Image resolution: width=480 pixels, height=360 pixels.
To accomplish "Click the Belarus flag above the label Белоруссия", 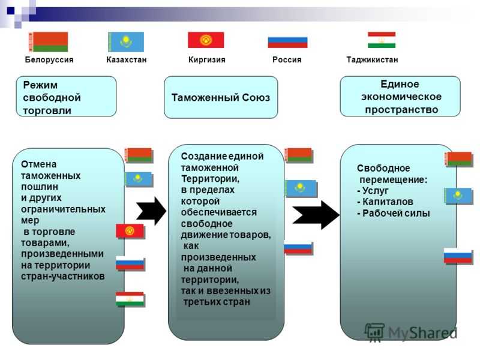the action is [49, 42].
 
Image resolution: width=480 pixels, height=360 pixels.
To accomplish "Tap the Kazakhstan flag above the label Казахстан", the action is [126, 42].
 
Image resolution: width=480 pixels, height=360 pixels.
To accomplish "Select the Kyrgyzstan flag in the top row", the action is [206, 40].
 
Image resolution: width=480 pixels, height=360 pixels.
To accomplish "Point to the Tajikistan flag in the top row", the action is [382, 40].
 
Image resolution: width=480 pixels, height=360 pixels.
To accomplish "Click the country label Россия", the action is [287, 59].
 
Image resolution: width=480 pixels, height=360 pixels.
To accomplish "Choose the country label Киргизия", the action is [206, 59].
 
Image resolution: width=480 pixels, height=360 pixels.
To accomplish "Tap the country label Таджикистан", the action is [372, 59].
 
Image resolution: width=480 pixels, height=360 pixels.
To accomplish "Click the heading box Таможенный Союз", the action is [221, 97].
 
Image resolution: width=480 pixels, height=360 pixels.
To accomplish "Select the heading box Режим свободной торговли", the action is [66, 97].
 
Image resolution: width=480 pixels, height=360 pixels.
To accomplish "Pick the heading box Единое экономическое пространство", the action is [400, 97].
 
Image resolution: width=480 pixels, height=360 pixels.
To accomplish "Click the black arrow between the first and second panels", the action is [151, 211].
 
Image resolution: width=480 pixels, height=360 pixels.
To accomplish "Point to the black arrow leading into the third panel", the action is [316, 215].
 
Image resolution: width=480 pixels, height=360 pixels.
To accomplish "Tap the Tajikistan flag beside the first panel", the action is [130, 299].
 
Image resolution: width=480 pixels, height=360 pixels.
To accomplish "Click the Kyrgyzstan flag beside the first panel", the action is [130, 232].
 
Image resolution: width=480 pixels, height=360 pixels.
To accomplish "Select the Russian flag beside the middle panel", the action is [298, 248].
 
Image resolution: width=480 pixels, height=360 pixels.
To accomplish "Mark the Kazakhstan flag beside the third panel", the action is [458, 196].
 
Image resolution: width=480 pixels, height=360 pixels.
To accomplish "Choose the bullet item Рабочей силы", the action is [394, 214].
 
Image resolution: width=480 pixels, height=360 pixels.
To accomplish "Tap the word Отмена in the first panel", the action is [39, 164].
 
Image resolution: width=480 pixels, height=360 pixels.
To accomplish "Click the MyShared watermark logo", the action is [411, 332].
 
